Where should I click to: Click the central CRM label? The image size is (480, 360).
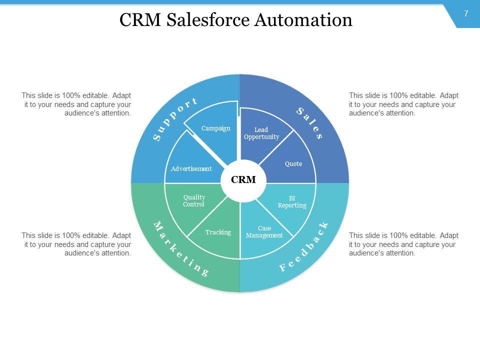(243, 180)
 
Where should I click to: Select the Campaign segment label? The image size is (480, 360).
(216, 128)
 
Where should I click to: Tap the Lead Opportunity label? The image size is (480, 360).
(261, 133)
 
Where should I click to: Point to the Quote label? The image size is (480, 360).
(293, 164)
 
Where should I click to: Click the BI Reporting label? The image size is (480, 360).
(292, 202)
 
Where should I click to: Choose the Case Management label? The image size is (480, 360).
(264, 232)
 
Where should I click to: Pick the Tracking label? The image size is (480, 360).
(218, 232)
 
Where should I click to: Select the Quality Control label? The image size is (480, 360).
(194, 200)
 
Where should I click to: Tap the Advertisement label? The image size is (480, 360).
(191, 169)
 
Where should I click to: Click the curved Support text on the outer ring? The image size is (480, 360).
(175, 119)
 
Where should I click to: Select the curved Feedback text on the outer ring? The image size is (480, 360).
(304, 246)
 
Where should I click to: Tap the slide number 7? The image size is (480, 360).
(466, 14)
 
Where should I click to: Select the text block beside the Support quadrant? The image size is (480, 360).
(76, 104)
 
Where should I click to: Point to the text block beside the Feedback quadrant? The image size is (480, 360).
(403, 244)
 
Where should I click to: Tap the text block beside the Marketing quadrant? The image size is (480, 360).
(76, 244)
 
